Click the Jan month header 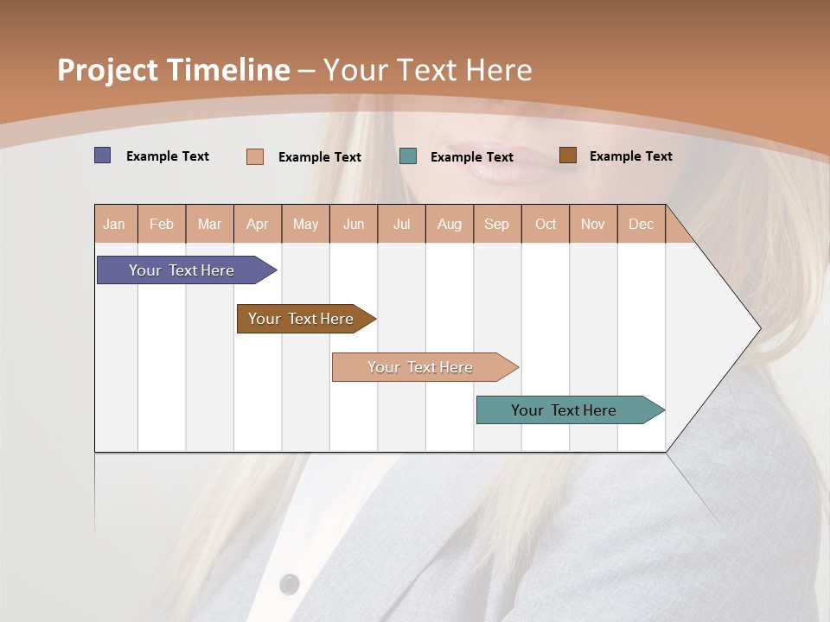114,224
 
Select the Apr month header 257,224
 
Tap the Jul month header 401,224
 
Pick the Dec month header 641,224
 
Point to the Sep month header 496,224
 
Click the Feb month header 162,224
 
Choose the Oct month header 546,224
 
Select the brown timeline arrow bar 303,319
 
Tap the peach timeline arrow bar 422,367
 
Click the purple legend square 103,155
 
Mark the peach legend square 255,156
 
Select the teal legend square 408,156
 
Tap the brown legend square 567,155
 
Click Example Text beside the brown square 630,156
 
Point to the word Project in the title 107,70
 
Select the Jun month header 354,224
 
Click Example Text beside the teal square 471,157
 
